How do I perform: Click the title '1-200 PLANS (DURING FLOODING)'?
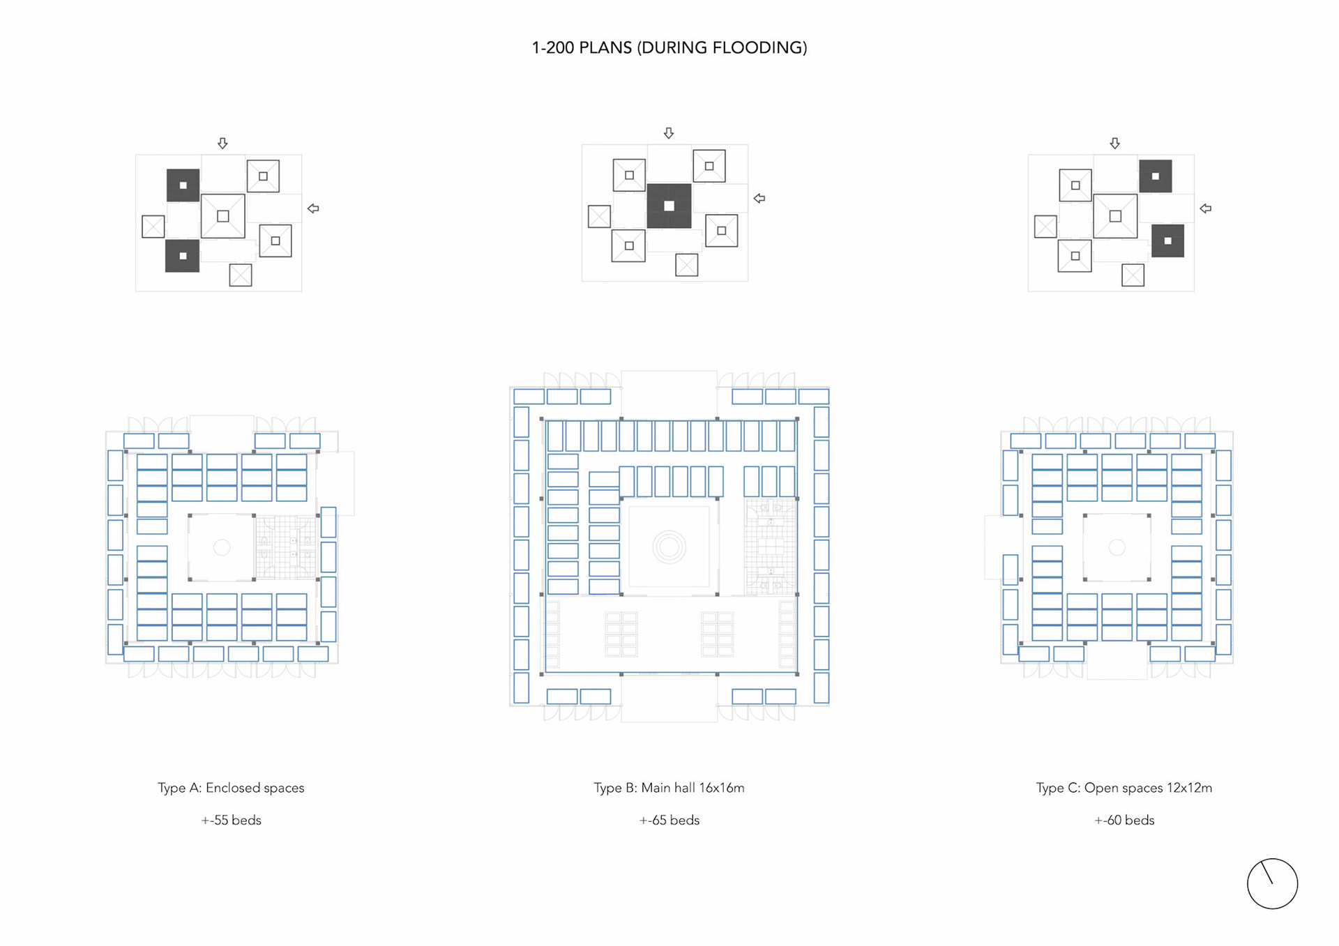(669, 47)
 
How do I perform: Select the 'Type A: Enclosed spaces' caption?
(231, 788)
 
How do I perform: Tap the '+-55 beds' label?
(231, 821)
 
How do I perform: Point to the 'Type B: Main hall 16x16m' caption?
(669, 788)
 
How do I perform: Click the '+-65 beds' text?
(669, 821)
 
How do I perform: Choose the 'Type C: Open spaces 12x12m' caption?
(1124, 788)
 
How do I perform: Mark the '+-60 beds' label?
(1124, 821)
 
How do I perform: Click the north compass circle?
(1272, 884)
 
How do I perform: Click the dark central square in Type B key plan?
(669, 206)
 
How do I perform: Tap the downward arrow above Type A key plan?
(222, 143)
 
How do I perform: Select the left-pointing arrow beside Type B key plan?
(759, 199)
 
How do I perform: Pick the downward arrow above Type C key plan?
(1114, 143)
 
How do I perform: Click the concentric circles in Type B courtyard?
(669, 547)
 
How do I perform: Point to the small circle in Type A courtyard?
(222, 547)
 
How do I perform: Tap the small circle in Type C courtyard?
(1117, 547)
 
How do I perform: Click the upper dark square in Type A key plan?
(183, 185)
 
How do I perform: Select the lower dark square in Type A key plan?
(182, 256)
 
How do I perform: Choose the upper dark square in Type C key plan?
(1155, 176)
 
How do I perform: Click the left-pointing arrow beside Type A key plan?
(313, 208)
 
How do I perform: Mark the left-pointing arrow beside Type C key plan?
(1205, 208)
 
